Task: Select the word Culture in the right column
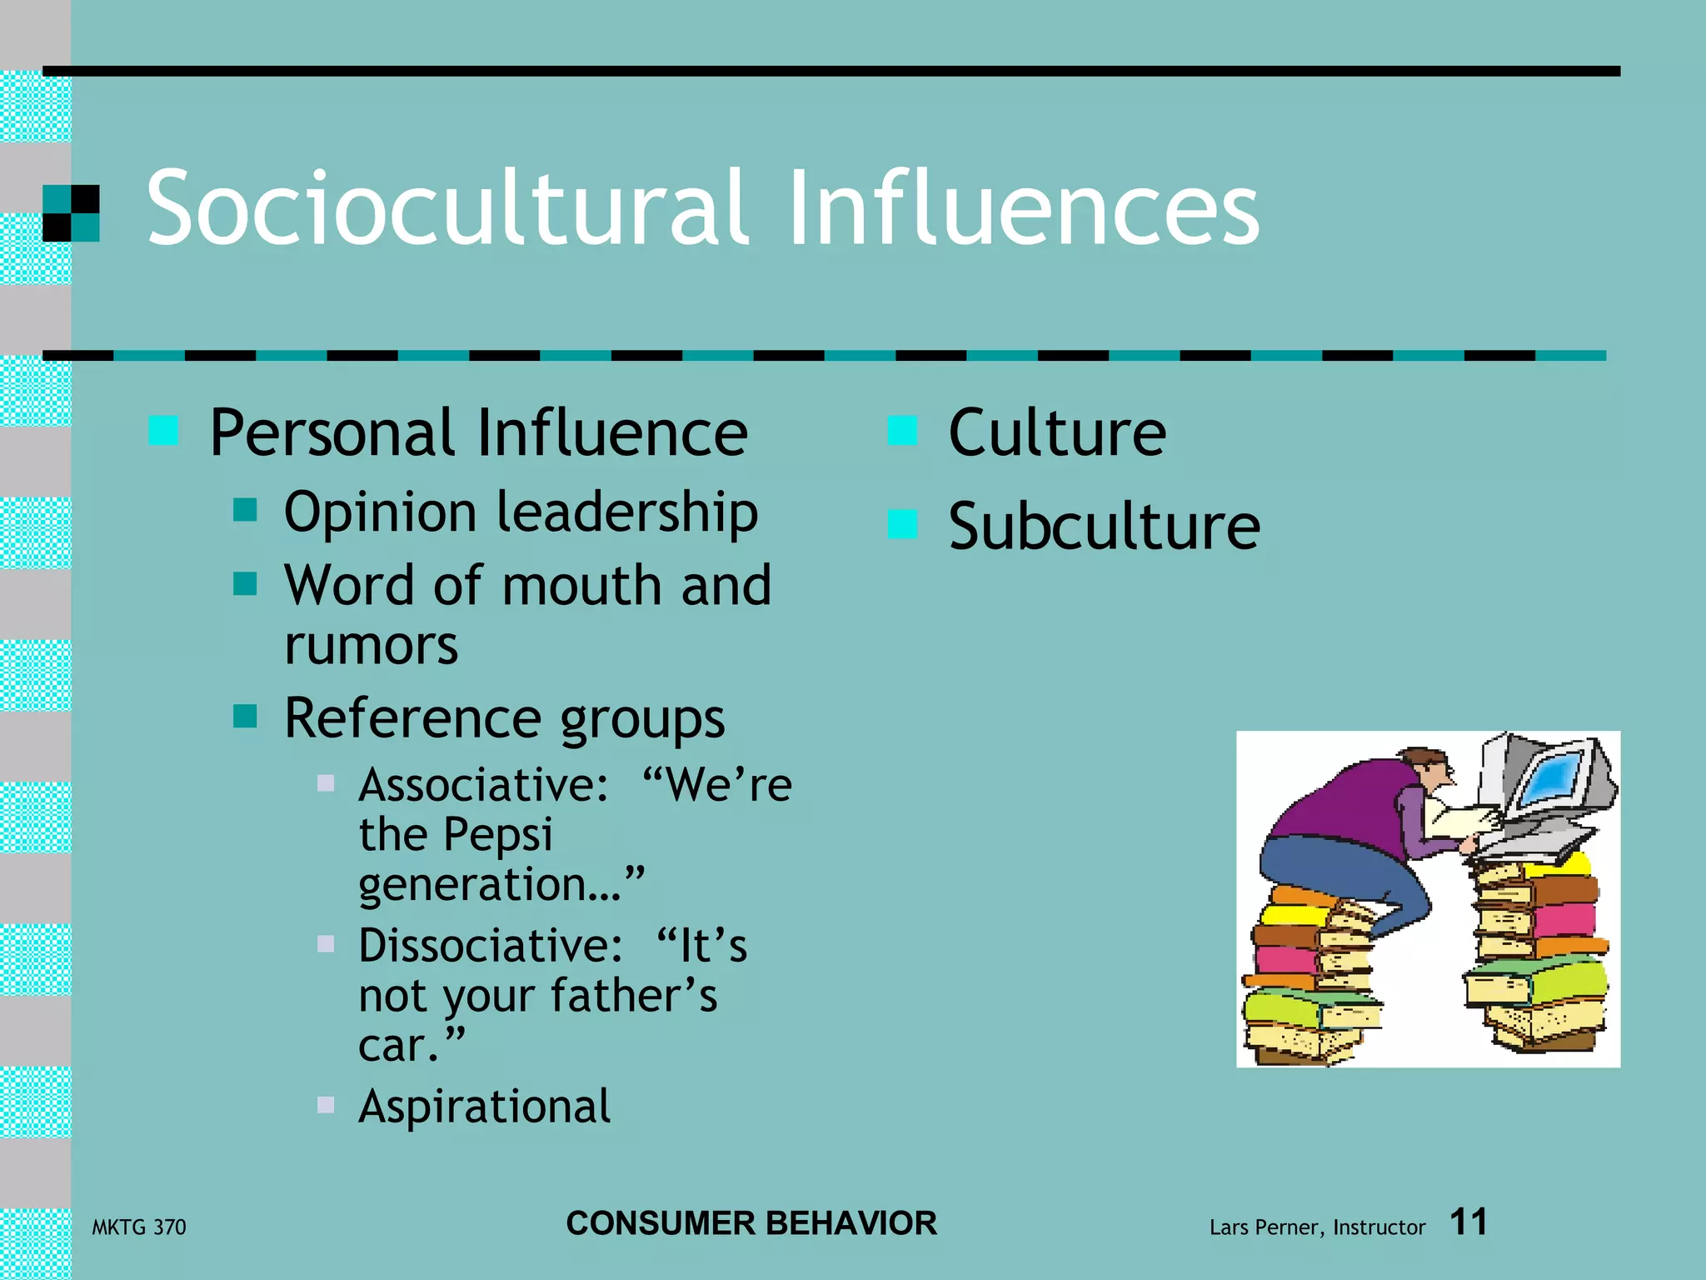[1057, 433]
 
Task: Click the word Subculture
[1105, 527]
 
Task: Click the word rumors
[372, 646]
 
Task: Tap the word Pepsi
[497, 835]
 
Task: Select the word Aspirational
[485, 1107]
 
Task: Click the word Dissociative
[490, 946]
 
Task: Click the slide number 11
[1469, 1222]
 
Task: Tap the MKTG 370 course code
[139, 1227]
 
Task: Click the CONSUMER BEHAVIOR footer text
[751, 1223]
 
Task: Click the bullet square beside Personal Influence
[163, 431]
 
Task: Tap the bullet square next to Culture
[902, 431]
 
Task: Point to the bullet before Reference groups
[245, 716]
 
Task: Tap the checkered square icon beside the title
[71, 213]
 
